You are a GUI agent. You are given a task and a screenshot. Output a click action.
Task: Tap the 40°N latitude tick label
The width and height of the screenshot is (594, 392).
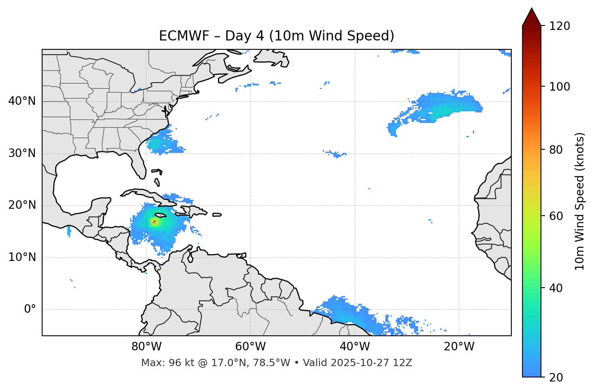[x=22, y=101]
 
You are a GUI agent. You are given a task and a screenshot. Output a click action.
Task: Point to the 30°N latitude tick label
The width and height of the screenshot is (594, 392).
[x=22, y=153]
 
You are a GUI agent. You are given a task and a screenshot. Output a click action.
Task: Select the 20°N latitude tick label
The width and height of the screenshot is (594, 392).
[x=22, y=205]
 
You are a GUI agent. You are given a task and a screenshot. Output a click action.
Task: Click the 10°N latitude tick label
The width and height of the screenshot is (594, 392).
[x=22, y=257]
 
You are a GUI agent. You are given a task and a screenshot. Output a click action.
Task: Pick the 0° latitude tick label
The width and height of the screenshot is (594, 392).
[x=30, y=309]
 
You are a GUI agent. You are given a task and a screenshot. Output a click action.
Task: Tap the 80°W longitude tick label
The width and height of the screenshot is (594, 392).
[x=146, y=347]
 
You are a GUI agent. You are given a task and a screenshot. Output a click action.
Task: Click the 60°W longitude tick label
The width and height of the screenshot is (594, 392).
[x=250, y=347]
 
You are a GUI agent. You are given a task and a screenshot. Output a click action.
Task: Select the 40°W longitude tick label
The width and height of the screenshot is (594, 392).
[x=355, y=347]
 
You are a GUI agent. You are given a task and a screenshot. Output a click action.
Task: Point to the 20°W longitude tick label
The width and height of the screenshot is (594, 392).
[x=459, y=347]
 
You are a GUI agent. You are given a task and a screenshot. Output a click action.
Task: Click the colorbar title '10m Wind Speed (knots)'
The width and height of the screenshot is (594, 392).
[x=580, y=201]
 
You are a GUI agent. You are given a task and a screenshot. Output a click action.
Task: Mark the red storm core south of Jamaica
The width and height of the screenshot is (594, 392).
[x=154, y=222]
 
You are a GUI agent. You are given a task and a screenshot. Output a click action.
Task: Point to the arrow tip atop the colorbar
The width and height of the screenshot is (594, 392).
[x=532, y=9]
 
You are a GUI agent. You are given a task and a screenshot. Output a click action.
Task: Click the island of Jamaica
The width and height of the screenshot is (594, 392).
[x=160, y=215]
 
